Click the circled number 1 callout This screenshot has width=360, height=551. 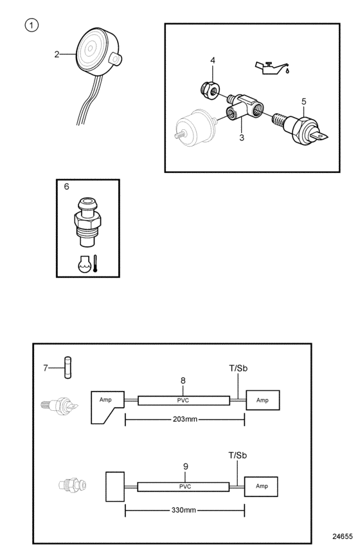pos(32,25)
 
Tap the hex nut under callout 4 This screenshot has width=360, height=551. pos(210,90)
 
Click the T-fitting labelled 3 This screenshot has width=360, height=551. pos(245,107)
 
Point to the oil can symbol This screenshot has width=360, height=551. pos(272,68)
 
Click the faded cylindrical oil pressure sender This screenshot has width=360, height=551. pos(195,128)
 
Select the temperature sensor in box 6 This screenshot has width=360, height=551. pos(87,222)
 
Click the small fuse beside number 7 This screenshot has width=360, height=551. pos(67,368)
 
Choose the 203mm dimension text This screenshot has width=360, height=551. pos(184,419)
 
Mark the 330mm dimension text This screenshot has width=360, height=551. pos(184,510)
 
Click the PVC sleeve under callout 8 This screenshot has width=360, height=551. pos(184,401)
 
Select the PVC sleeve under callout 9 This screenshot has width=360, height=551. pos(183,487)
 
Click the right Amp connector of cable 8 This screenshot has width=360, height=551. pos(263,401)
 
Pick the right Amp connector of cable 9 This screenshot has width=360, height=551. pos(261,487)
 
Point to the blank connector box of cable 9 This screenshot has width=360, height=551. pos(115,487)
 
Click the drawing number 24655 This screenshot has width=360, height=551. pos(343,536)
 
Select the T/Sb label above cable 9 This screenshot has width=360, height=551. pos(238,455)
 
